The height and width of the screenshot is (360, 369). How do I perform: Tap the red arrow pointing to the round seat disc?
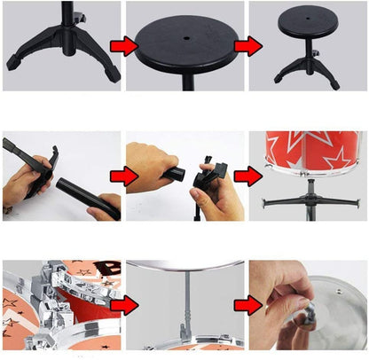tap(123, 45)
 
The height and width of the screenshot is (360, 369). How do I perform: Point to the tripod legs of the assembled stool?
tap(309, 69)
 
